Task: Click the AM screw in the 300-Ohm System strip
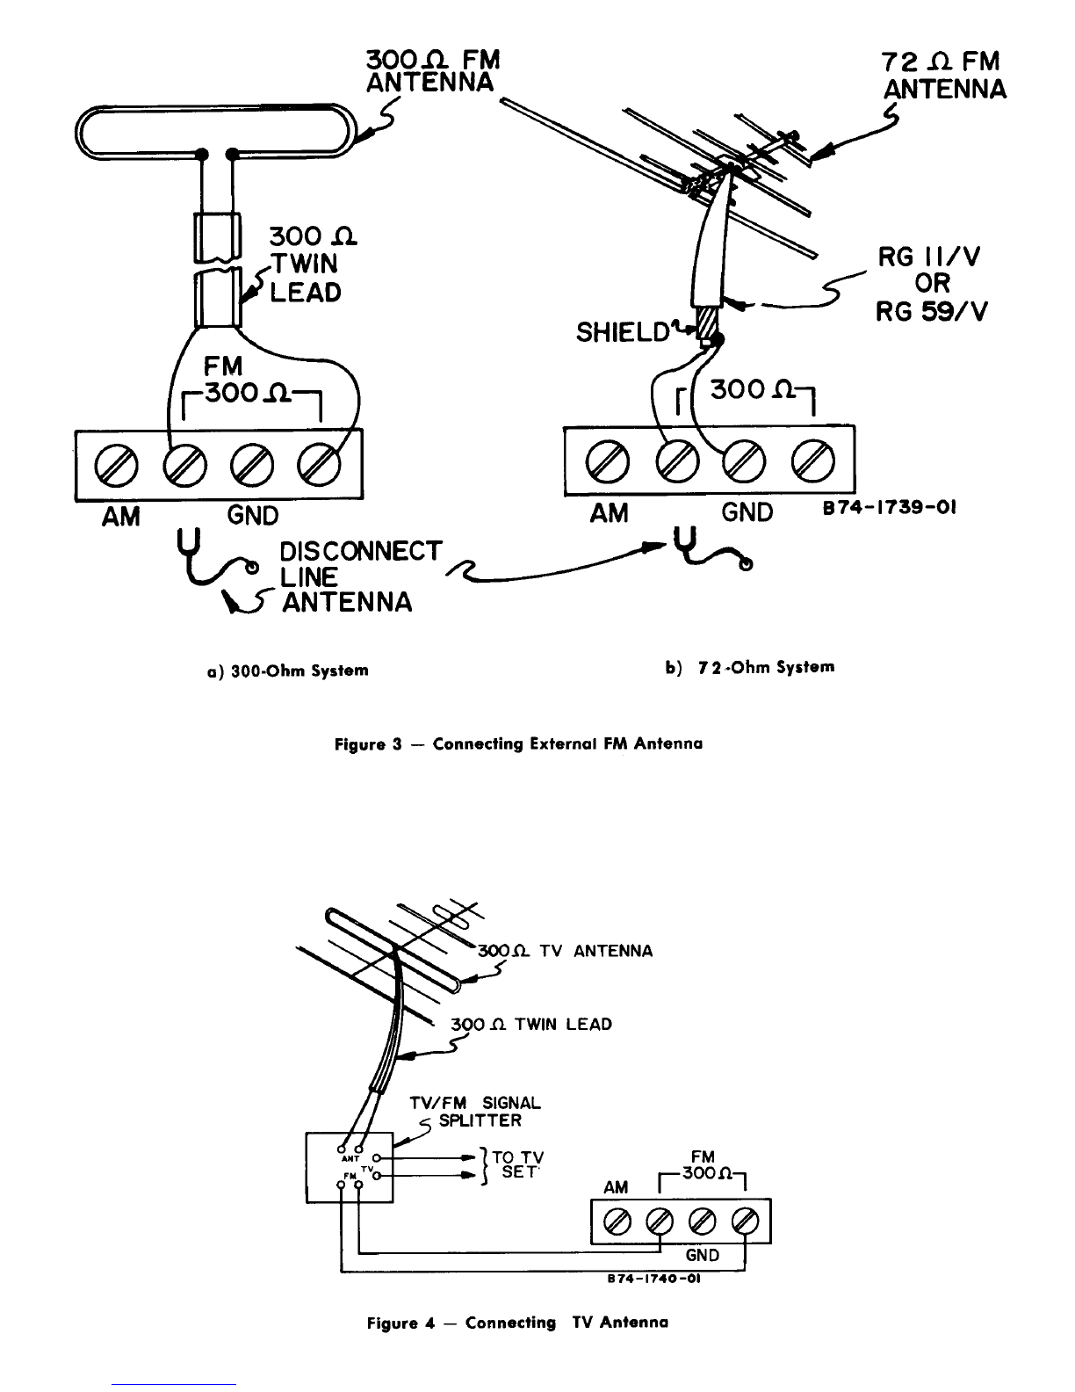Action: (x=116, y=464)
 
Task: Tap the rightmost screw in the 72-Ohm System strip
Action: (x=813, y=460)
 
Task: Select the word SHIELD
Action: (x=623, y=332)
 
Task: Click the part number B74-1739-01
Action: (x=890, y=508)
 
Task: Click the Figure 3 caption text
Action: (x=518, y=743)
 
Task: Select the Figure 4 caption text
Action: (x=517, y=1323)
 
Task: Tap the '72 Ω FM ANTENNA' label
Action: (x=944, y=76)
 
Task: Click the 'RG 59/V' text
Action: (x=932, y=311)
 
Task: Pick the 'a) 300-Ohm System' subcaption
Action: (x=287, y=671)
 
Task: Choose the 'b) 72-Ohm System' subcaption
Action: (x=750, y=668)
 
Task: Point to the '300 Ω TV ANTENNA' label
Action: (x=566, y=951)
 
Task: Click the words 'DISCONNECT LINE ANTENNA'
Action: (x=360, y=576)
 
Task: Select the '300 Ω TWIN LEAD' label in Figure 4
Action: (x=531, y=1025)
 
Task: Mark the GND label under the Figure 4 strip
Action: (x=703, y=1255)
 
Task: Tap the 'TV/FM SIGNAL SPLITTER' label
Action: (x=476, y=1112)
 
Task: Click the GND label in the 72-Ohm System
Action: (x=747, y=512)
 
